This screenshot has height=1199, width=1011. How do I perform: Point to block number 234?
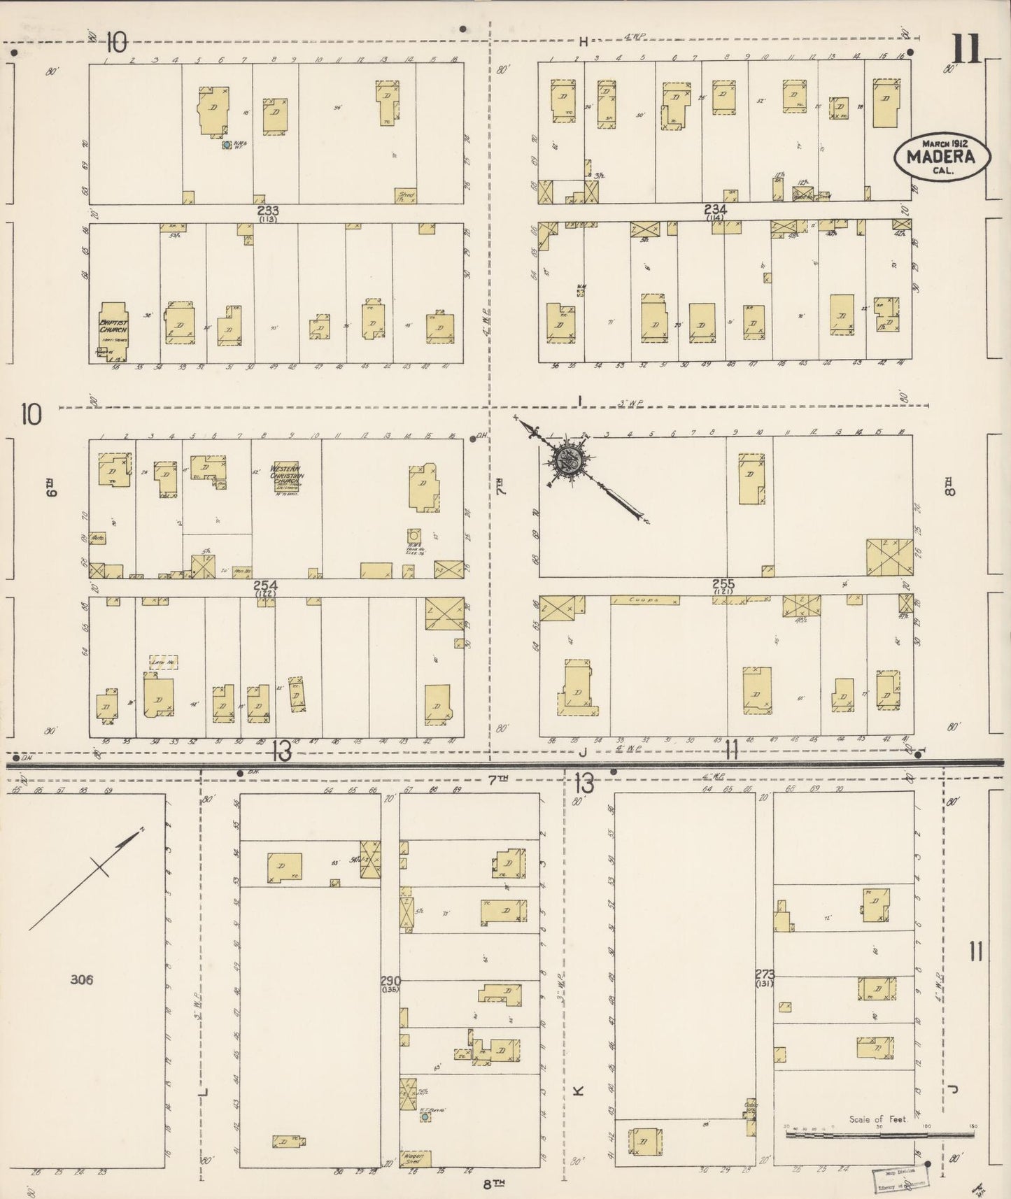pos(716,209)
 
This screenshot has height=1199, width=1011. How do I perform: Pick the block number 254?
pos(266,585)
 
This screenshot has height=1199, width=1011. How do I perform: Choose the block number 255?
pos(723,583)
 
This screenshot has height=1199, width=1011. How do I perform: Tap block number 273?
pos(765,974)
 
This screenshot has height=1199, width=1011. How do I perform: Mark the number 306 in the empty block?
pos(82,979)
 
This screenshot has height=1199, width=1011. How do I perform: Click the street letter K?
pos(578,1090)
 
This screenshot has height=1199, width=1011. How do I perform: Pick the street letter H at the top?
pos(582,42)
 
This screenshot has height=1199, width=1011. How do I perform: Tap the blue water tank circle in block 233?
pos(227,146)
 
